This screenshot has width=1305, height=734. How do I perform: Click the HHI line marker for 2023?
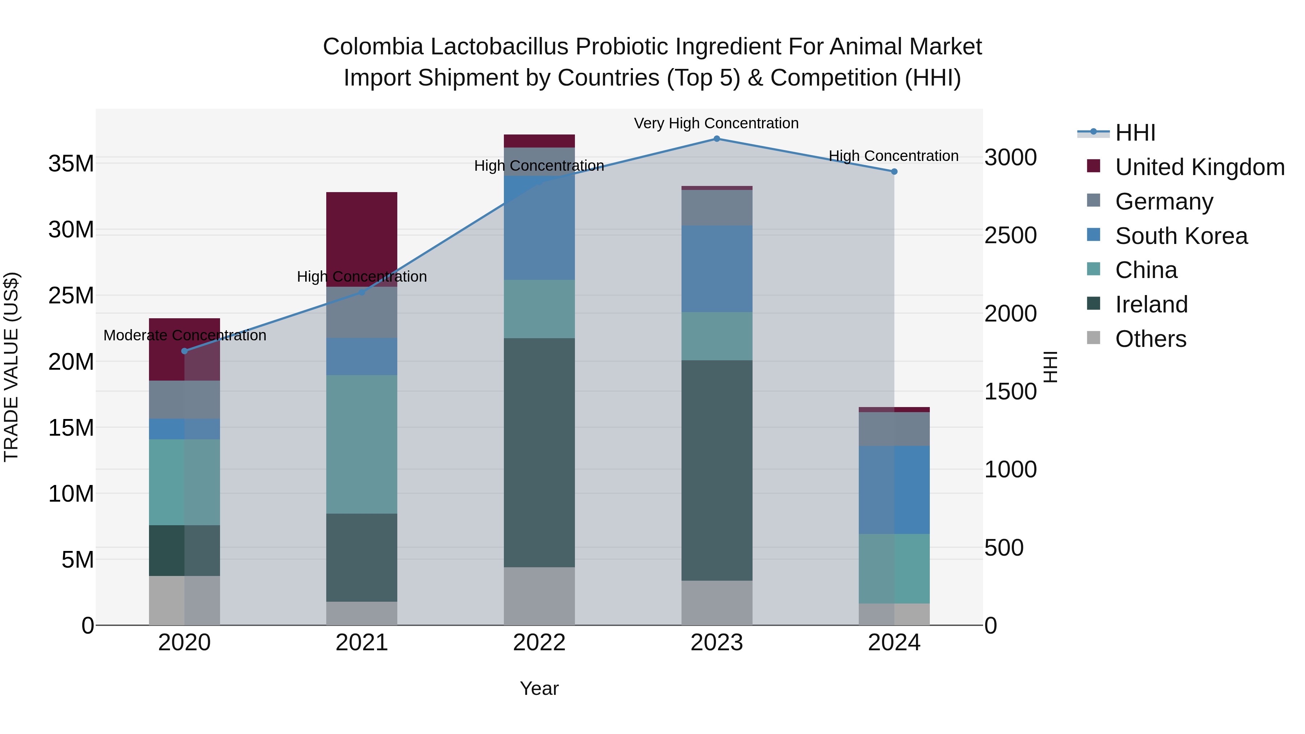tap(716, 139)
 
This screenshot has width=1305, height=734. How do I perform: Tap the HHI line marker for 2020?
tap(185, 351)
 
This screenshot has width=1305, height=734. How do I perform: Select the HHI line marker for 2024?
tap(894, 172)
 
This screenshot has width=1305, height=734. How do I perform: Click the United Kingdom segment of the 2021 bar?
tap(362, 239)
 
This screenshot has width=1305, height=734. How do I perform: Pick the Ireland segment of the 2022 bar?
tap(539, 452)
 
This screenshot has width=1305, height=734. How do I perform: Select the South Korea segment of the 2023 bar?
tap(716, 269)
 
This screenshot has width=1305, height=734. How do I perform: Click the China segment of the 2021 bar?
tap(362, 444)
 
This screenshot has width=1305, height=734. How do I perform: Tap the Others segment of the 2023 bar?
tap(716, 603)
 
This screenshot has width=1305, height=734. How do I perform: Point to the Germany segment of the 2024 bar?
tap(894, 429)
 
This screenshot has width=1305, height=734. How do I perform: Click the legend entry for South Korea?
tap(1180, 236)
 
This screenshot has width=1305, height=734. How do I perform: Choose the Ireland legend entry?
tap(1151, 304)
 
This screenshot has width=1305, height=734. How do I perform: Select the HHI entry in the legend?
tap(1135, 133)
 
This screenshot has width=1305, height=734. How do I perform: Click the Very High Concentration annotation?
tap(716, 123)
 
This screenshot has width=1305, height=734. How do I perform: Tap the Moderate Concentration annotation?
tap(185, 335)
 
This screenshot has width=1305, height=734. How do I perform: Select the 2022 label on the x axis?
tap(539, 643)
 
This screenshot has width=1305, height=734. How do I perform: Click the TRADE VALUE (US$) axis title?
tap(11, 367)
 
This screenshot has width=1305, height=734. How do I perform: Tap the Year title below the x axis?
tap(539, 688)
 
